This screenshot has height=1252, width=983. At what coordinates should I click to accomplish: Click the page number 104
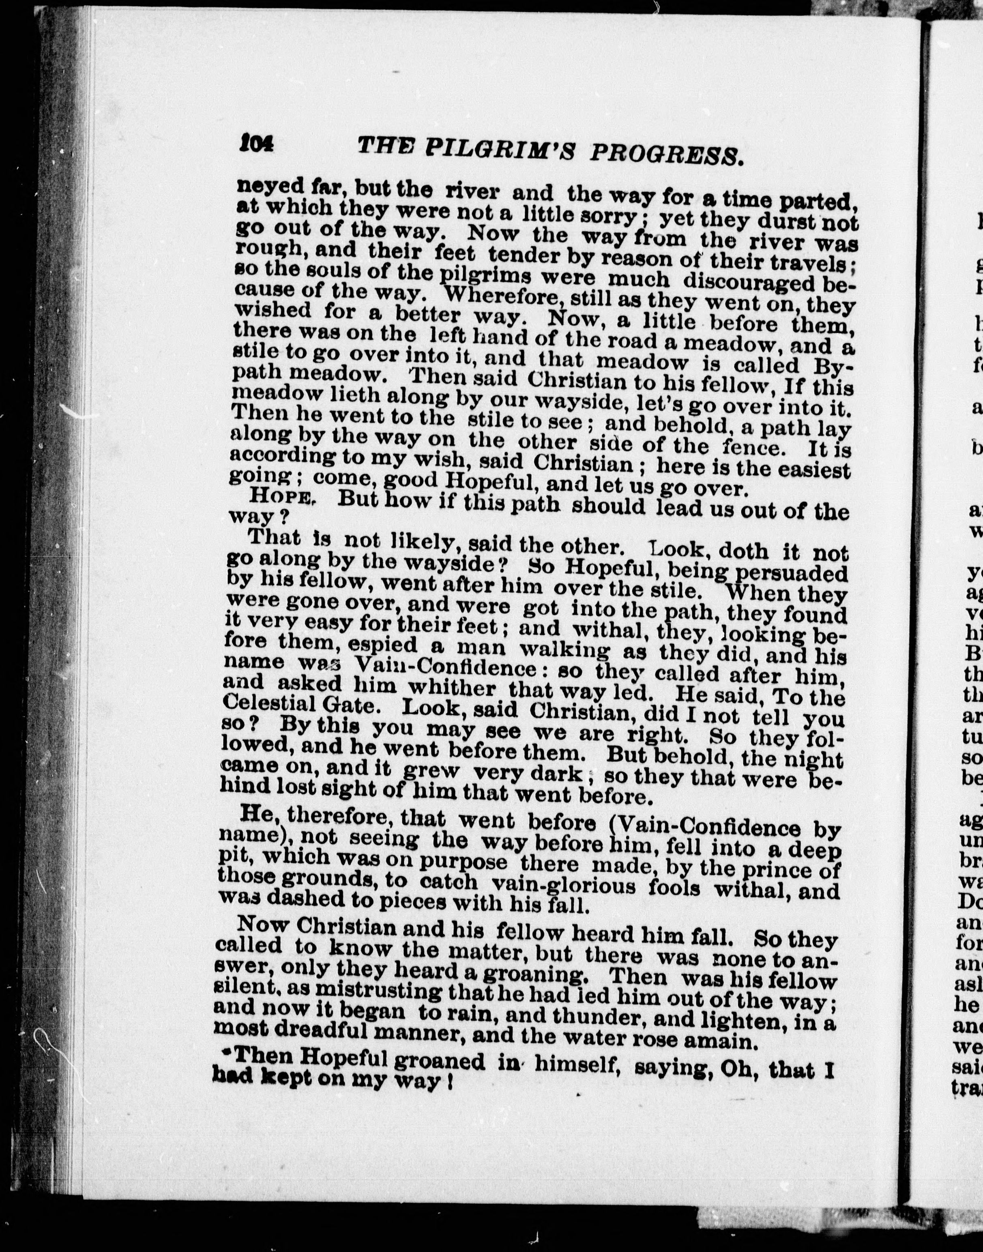[x=257, y=142]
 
